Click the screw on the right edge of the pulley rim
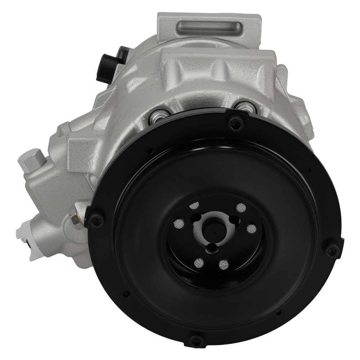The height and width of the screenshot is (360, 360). point(332,250)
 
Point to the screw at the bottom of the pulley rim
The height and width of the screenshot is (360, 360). point(195,340)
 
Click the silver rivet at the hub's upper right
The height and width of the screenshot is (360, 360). point(241,208)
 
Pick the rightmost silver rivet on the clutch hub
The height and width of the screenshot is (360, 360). point(252,228)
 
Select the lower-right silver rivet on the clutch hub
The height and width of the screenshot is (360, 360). point(224,265)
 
